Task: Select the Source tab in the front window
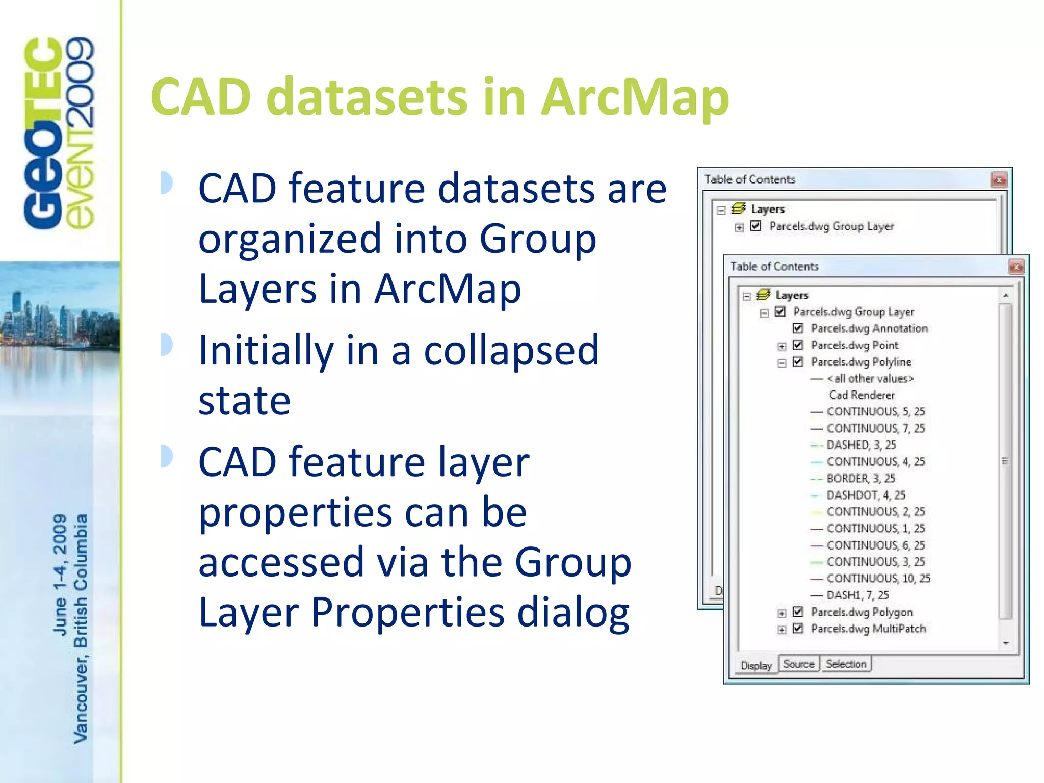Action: (798, 664)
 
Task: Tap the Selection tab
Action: (846, 664)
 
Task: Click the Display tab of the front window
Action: (755, 665)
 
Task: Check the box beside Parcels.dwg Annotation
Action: (798, 328)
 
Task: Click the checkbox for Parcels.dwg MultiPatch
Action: (798, 629)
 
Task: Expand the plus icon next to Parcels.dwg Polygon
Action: (781, 613)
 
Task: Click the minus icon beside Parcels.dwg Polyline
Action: (781, 363)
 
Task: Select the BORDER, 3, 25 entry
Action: (860, 478)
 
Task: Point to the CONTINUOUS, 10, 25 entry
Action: (878, 578)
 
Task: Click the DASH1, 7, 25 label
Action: (857, 595)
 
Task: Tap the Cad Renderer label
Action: (862, 395)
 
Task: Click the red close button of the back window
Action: (999, 180)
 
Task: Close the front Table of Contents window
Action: (1016, 267)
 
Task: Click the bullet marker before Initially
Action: (166, 345)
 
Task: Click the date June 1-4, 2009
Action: (60, 575)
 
